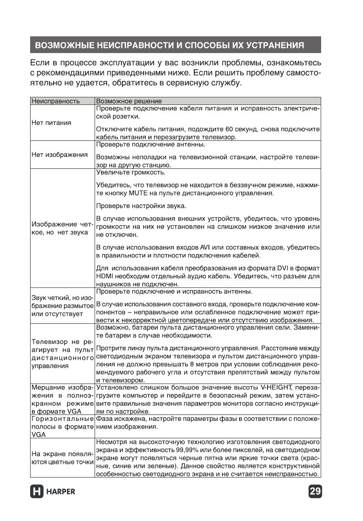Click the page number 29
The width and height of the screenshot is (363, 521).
pyautogui.click(x=314, y=491)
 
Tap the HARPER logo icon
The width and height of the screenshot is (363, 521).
pyautogui.click(x=37, y=491)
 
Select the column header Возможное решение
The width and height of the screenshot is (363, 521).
pyautogui.click(x=129, y=101)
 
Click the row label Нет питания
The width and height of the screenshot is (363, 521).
pyautogui.click(x=51, y=123)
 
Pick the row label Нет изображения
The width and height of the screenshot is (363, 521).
pyautogui.click(x=59, y=155)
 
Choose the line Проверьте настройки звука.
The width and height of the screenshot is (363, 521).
pyautogui.click(x=141, y=206)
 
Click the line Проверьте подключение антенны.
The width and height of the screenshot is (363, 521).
pyautogui.click(x=151, y=145)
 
